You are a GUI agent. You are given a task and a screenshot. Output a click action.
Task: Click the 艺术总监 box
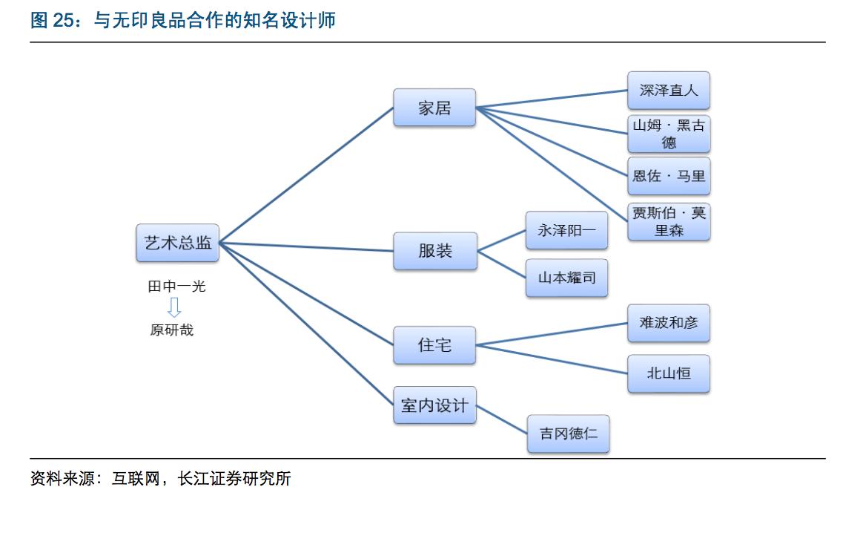(x=178, y=243)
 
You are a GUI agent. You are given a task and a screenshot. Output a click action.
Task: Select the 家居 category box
(x=434, y=108)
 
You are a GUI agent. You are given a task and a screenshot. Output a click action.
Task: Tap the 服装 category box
(x=435, y=251)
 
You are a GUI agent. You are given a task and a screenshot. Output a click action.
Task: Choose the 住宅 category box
(x=434, y=345)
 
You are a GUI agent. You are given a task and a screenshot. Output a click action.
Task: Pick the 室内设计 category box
(x=434, y=405)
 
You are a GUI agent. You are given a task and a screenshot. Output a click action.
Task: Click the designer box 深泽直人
(x=669, y=91)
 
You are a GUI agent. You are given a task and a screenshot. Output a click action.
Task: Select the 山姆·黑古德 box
(x=669, y=134)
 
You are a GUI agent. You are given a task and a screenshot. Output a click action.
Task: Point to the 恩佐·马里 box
(x=669, y=177)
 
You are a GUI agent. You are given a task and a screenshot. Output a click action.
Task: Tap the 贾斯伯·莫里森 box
(x=669, y=221)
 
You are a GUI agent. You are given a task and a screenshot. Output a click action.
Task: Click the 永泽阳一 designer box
(x=567, y=230)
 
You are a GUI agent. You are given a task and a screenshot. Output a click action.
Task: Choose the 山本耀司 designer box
(x=567, y=278)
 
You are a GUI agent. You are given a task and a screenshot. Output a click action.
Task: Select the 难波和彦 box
(x=669, y=323)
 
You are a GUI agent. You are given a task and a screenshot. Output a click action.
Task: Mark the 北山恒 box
(x=669, y=373)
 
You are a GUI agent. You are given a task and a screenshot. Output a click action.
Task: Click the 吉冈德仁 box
(x=569, y=434)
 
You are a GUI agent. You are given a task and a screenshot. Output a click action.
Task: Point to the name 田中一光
(x=176, y=286)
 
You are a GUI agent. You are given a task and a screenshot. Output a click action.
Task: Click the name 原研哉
(x=172, y=330)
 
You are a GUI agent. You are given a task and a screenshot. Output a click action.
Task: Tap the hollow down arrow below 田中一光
(x=174, y=307)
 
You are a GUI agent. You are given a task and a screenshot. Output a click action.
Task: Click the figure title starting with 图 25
(x=182, y=20)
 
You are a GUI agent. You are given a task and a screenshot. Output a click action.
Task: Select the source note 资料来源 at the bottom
(x=160, y=479)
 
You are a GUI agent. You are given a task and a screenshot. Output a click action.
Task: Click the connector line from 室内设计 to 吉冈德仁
(x=502, y=419)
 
